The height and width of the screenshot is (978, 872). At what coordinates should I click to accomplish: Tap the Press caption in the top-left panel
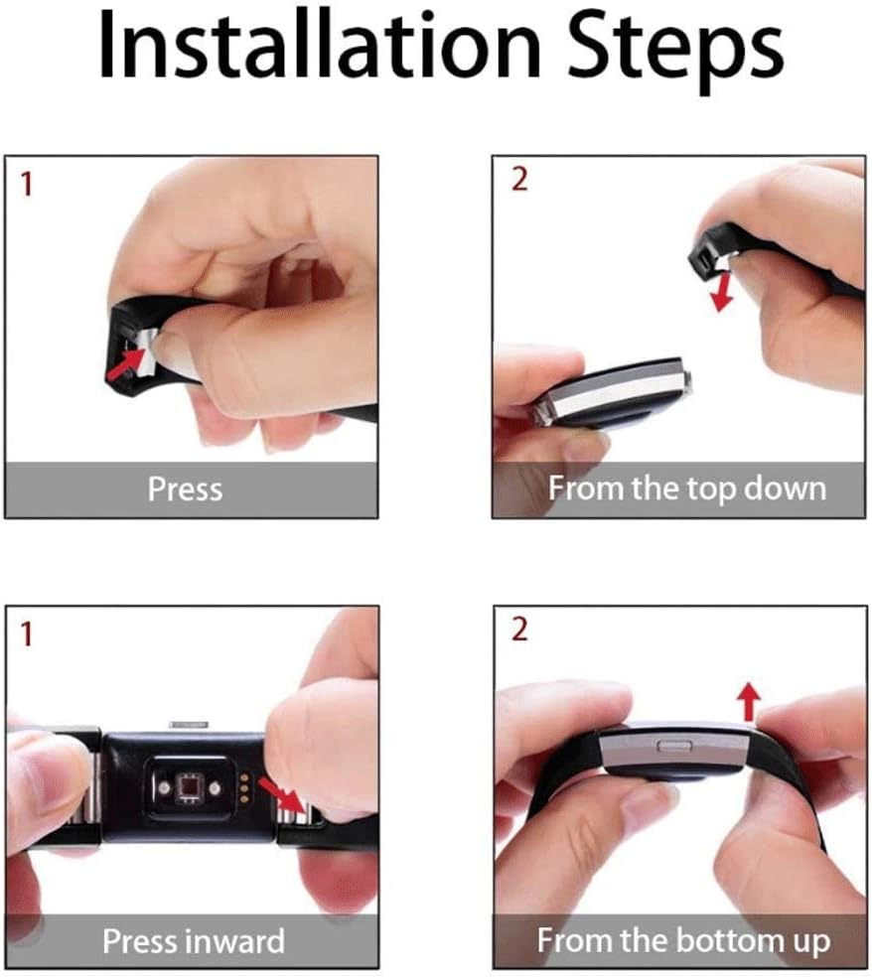pos(186,489)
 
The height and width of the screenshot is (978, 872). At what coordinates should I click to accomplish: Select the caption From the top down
pos(686,489)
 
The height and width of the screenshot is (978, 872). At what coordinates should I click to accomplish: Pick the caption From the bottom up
pos(683,941)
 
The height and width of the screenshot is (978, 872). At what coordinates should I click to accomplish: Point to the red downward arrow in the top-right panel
pos(723,293)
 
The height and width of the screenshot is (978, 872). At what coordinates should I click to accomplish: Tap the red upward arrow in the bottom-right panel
pos(749,701)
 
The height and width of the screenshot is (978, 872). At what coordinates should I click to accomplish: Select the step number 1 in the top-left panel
pos(26,185)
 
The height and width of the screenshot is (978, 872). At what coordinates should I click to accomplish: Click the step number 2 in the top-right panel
pos(519,179)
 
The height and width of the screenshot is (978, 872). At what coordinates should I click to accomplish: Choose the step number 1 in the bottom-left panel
pos(26,634)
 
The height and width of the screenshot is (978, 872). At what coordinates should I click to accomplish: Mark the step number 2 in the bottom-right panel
pos(519,629)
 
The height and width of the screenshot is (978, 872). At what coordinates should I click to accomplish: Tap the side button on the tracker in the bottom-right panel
pos(674,746)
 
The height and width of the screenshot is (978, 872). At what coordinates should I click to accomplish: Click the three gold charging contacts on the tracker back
pos(244,787)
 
